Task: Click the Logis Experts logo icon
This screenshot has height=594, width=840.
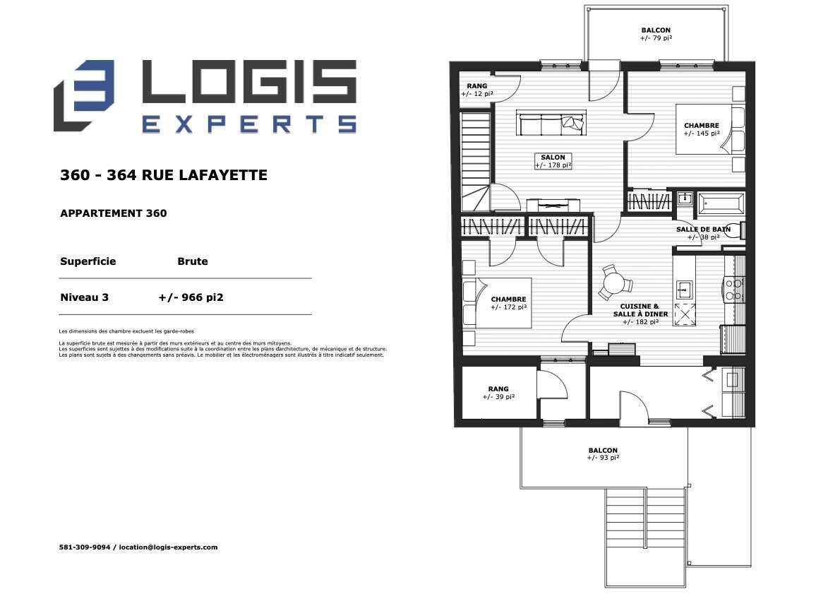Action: (x=84, y=95)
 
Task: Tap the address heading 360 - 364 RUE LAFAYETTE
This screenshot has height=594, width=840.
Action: (x=163, y=175)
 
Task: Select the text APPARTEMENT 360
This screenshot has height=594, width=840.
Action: (x=114, y=213)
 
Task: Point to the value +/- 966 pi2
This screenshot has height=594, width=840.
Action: (x=191, y=297)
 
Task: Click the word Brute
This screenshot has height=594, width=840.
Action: (x=192, y=261)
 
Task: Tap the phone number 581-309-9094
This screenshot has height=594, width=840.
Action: (x=85, y=547)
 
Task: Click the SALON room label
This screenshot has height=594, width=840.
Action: (x=553, y=161)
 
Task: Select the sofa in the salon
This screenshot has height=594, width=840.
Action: (x=551, y=123)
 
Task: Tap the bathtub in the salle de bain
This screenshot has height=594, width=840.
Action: (x=721, y=203)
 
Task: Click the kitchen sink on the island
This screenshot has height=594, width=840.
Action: (x=684, y=290)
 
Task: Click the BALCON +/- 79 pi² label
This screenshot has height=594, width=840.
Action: (x=656, y=35)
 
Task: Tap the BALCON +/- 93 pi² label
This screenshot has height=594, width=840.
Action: (x=603, y=454)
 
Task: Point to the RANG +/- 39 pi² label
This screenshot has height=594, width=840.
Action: (x=498, y=393)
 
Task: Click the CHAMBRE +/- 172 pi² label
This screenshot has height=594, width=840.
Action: (x=508, y=304)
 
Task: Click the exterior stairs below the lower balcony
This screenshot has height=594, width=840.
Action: (x=646, y=537)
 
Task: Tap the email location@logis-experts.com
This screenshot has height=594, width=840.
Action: (x=168, y=547)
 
